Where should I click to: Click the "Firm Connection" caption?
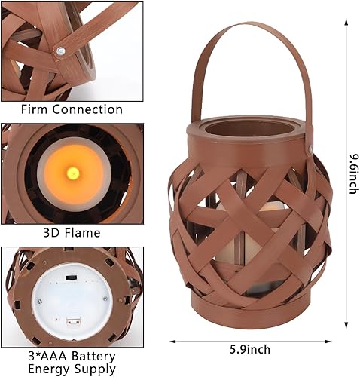coord(72,109)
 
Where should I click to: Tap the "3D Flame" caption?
coord(72,233)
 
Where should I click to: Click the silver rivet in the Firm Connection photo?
coord(60,51)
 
